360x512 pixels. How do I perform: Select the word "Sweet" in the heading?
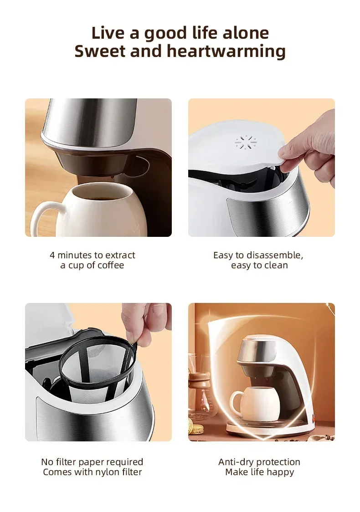(x=100, y=51)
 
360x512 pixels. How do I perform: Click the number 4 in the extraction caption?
(x=52, y=255)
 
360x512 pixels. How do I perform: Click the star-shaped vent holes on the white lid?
(x=246, y=143)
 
